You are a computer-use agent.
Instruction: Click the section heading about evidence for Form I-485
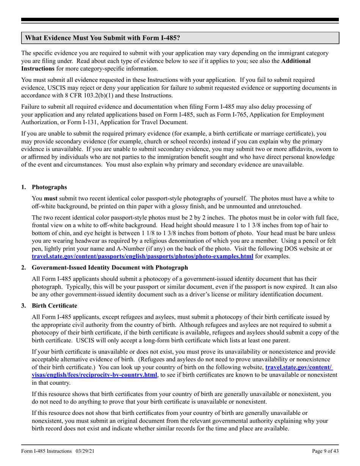tap(102, 38)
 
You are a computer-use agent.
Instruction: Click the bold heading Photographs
tap(49, 187)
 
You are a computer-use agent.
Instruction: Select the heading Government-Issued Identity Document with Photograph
tap(110, 267)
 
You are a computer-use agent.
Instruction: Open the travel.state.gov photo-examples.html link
tap(142, 256)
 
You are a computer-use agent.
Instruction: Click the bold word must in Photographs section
tap(51, 198)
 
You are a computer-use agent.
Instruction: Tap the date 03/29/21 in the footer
tap(84, 451)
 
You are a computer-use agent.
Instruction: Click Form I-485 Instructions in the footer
tap(46, 451)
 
